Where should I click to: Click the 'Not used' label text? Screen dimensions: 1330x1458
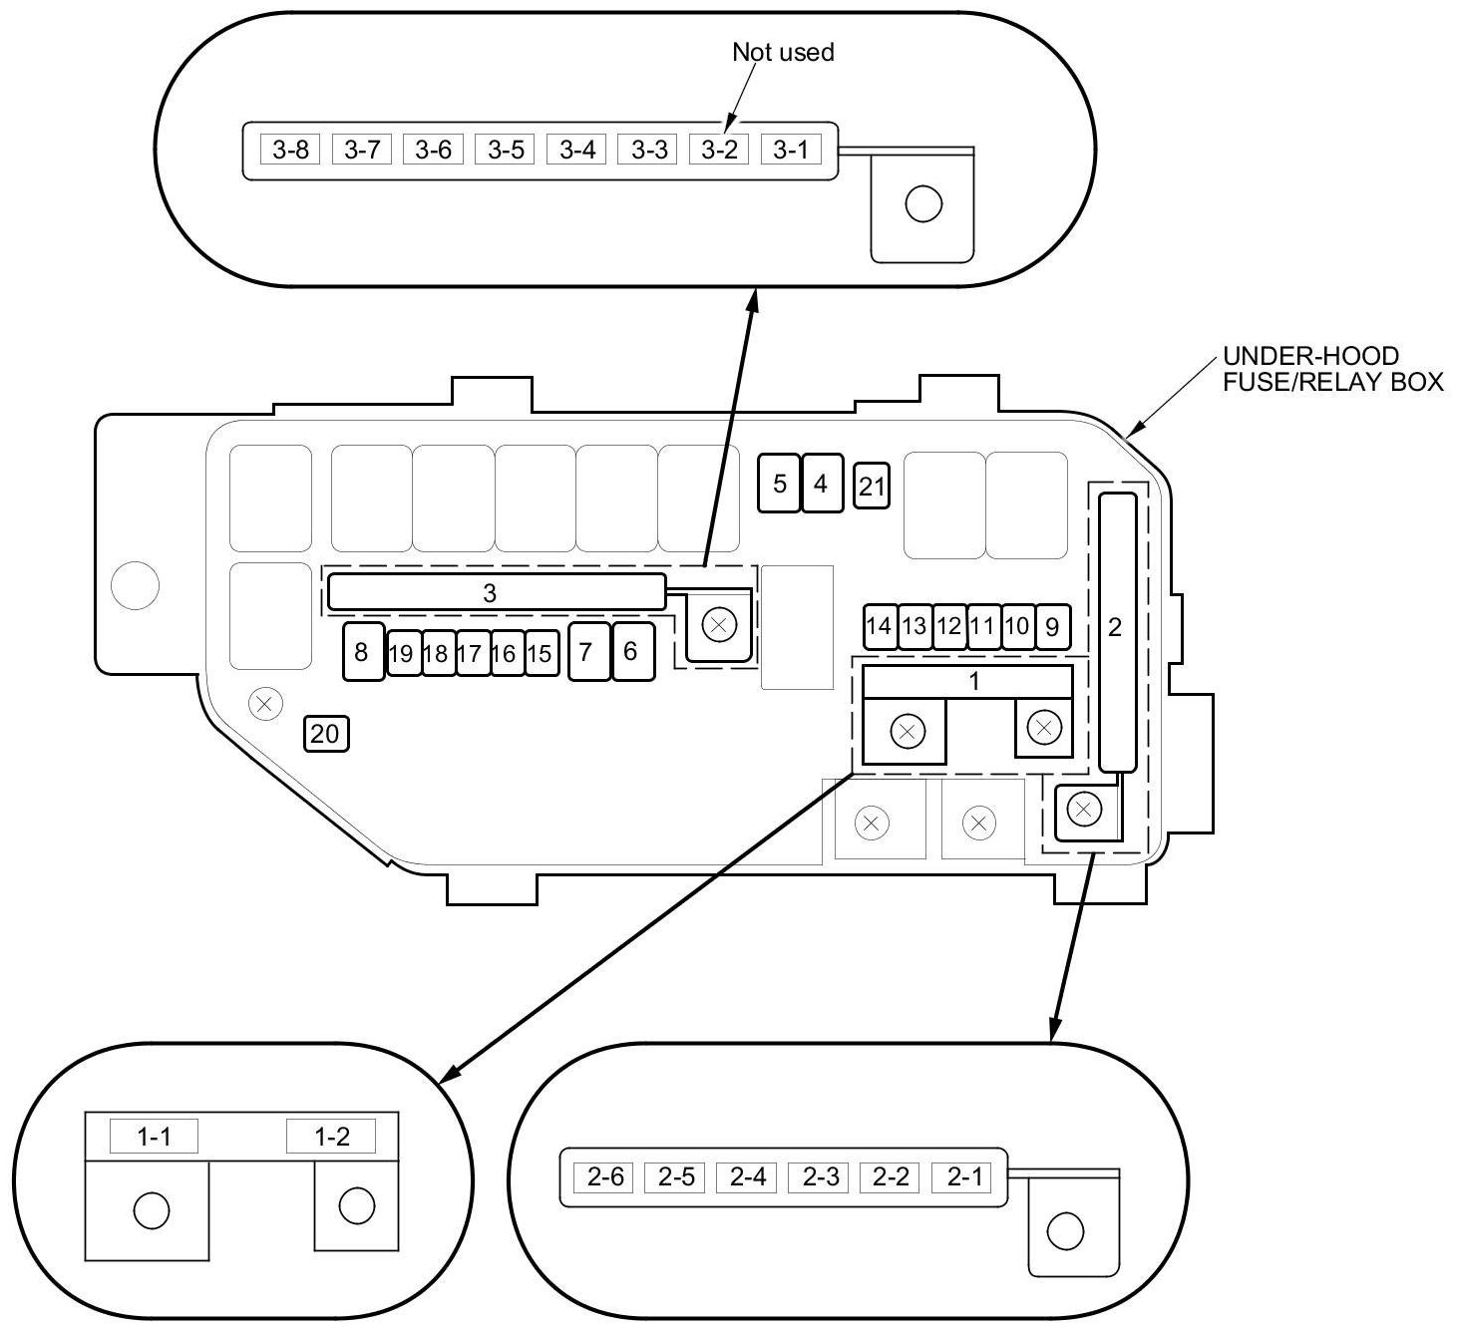783,52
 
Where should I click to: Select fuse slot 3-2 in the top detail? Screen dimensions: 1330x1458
718,150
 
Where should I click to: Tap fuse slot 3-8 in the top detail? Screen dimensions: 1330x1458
290,150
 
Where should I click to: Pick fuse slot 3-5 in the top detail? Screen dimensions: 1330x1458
505,150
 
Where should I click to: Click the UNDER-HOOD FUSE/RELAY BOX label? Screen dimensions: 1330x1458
1332,369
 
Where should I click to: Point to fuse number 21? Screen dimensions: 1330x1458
872,487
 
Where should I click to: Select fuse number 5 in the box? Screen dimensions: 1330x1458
779,484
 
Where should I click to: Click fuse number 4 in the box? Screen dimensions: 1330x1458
822,484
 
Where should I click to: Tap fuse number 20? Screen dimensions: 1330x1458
325,734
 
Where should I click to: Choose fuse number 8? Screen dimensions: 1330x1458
362,652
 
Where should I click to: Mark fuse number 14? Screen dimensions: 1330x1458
879,626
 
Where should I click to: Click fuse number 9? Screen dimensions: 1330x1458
1051,626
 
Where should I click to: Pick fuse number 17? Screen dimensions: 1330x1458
470,654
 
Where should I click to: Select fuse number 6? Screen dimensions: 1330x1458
631,651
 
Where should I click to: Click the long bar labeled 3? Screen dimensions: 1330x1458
496,592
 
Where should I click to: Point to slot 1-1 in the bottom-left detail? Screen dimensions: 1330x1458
154,1137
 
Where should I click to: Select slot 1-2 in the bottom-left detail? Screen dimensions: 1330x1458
331,1137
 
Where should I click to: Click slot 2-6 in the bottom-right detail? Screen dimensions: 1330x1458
604,1177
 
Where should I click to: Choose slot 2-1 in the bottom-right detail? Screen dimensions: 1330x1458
963,1177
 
